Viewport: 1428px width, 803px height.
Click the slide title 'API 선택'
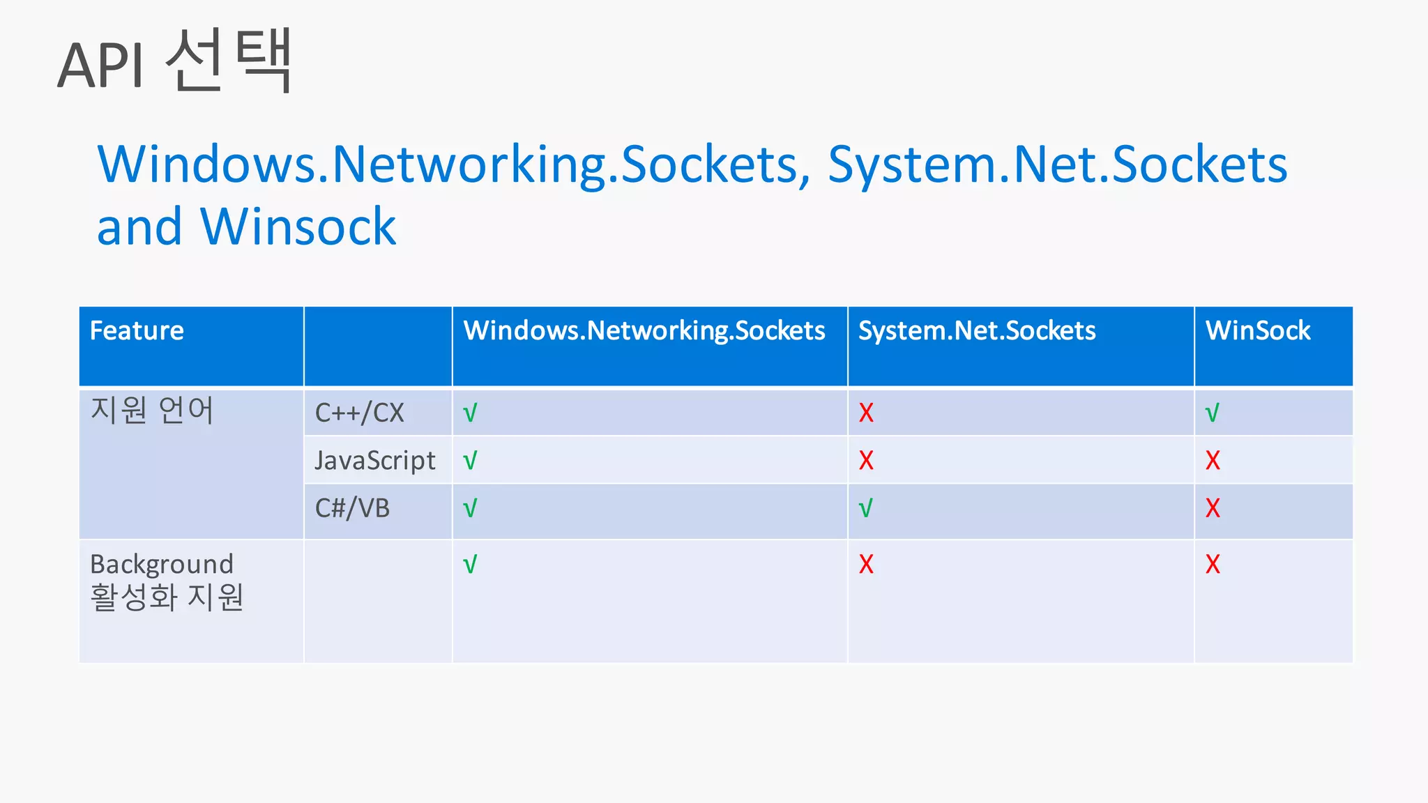pos(174,63)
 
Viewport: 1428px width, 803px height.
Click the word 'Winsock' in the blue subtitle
pos(298,227)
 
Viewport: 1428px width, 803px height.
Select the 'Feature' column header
pos(137,330)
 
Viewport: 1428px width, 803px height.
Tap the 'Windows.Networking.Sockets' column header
pos(644,330)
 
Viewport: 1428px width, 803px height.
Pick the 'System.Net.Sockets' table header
pos(976,330)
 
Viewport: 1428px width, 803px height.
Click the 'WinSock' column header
pos(1258,330)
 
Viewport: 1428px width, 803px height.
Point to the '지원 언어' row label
pos(152,410)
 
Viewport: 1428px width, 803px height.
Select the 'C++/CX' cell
pos(359,413)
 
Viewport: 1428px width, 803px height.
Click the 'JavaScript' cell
pos(375,461)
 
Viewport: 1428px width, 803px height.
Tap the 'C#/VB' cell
pos(352,508)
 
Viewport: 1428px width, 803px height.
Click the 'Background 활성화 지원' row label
pos(166,581)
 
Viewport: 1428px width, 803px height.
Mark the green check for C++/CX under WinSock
pos(1213,413)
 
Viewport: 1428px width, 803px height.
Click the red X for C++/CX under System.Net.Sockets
pos(866,413)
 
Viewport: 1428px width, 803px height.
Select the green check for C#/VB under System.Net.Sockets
pos(866,509)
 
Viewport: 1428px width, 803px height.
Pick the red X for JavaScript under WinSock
pos(1213,461)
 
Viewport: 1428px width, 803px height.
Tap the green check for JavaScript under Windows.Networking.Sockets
pos(470,461)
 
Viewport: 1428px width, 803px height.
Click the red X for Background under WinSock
pos(1213,564)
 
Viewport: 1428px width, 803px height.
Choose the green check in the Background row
pos(470,564)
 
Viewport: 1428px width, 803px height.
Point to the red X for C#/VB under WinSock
pos(1213,508)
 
